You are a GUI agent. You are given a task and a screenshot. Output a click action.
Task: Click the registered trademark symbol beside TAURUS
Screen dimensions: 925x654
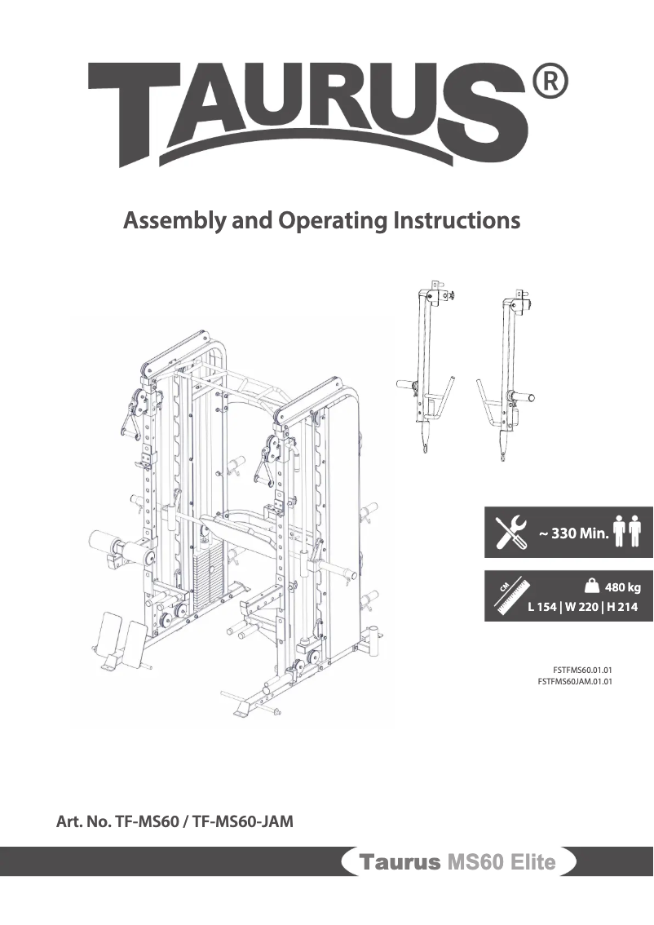[x=550, y=82]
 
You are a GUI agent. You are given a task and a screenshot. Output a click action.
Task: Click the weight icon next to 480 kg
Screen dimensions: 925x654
[x=593, y=584]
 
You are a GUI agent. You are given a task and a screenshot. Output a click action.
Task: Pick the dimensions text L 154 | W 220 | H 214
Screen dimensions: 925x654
[x=582, y=607]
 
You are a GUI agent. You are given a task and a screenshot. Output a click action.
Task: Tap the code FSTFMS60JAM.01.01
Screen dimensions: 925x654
[x=575, y=680]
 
